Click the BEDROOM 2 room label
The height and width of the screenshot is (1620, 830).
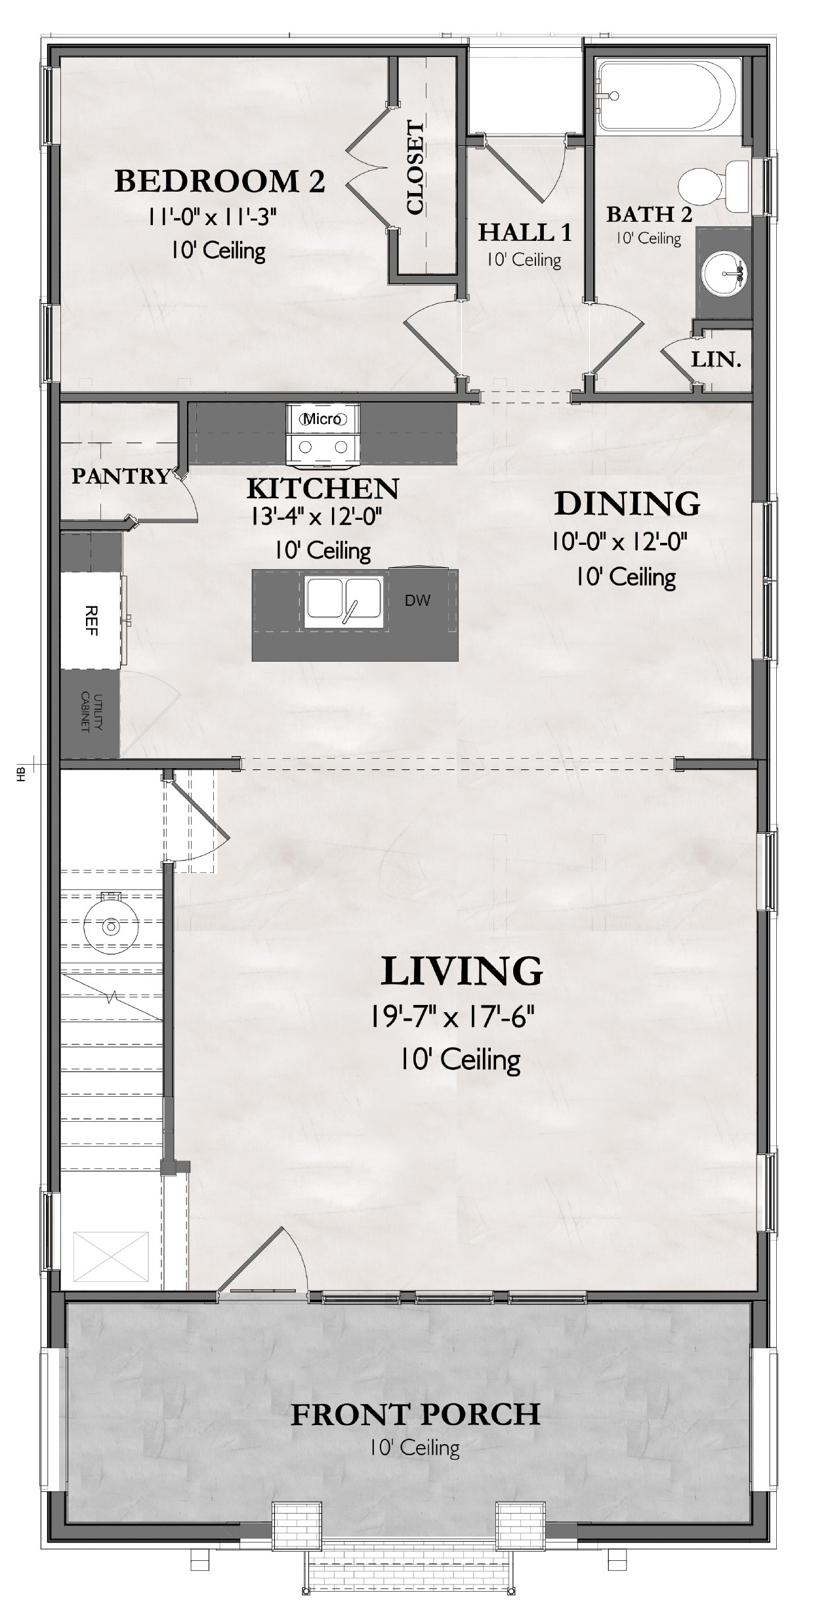click(220, 181)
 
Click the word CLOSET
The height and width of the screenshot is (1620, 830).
click(415, 167)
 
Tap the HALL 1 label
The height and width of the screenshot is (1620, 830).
click(525, 232)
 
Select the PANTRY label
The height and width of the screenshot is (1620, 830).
click(121, 476)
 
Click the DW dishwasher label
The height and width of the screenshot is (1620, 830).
click(417, 600)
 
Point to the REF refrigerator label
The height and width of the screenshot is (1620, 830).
click(91, 620)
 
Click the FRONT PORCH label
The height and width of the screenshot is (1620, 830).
click(416, 1414)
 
